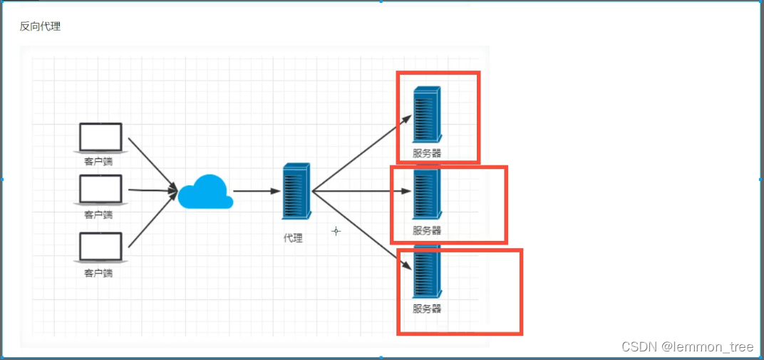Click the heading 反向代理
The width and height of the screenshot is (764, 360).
click(x=41, y=27)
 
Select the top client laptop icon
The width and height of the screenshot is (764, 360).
click(x=100, y=137)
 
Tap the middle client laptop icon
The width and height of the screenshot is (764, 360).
click(x=100, y=190)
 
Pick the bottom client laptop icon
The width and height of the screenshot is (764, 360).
click(x=100, y=247)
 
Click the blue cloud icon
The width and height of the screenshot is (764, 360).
click(x=205, y=192)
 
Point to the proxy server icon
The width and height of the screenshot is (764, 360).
click(x=296, y=191)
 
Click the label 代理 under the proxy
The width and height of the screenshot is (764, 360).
click(x=293, y=238)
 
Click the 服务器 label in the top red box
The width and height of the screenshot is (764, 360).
click(x=427, y=153)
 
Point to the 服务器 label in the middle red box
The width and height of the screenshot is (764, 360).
click(x=427, y=230)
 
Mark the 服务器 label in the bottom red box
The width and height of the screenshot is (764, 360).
click(x=427, y=309)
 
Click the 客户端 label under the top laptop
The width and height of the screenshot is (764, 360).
click(x=98, y=161)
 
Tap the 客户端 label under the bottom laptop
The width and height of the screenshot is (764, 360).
click(x=98, y=272)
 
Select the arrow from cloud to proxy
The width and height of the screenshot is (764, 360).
click(x=257, y=191)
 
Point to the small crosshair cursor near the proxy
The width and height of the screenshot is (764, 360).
click(x=336, y=231)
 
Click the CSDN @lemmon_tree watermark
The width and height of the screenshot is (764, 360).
click(x=687, y=347)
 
